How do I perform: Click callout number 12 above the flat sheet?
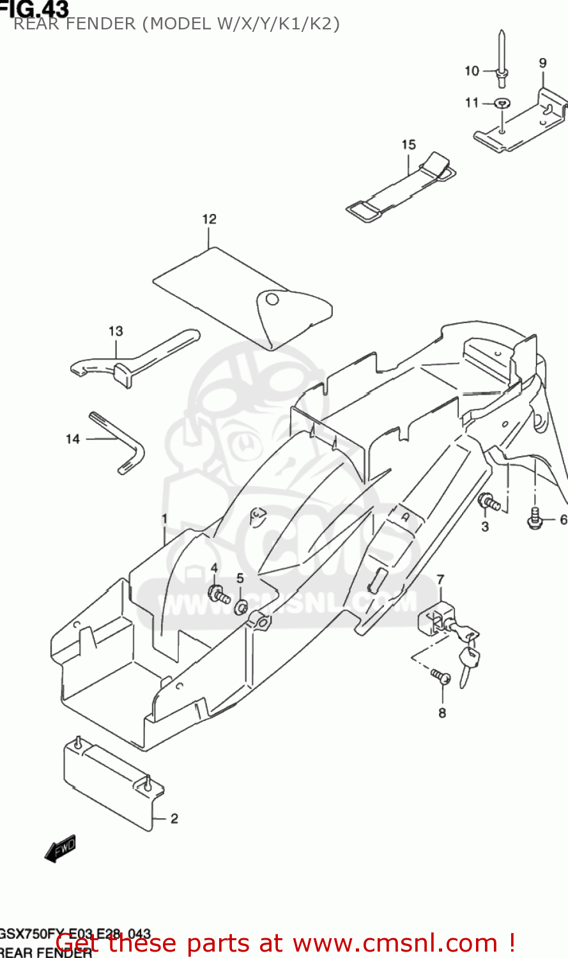(210, 220)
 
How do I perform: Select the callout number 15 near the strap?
(409, 146)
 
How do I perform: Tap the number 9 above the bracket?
(542, 63)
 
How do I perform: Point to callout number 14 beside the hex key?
(73, 439)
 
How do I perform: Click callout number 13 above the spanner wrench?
(116, 331)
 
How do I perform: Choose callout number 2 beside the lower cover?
(174, 819)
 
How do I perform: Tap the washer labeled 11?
(503, 103)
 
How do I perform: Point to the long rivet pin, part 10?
(502, 61)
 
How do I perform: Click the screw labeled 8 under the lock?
(441, 675)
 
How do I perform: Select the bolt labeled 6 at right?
(535, 519)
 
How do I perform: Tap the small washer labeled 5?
(241, 607)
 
